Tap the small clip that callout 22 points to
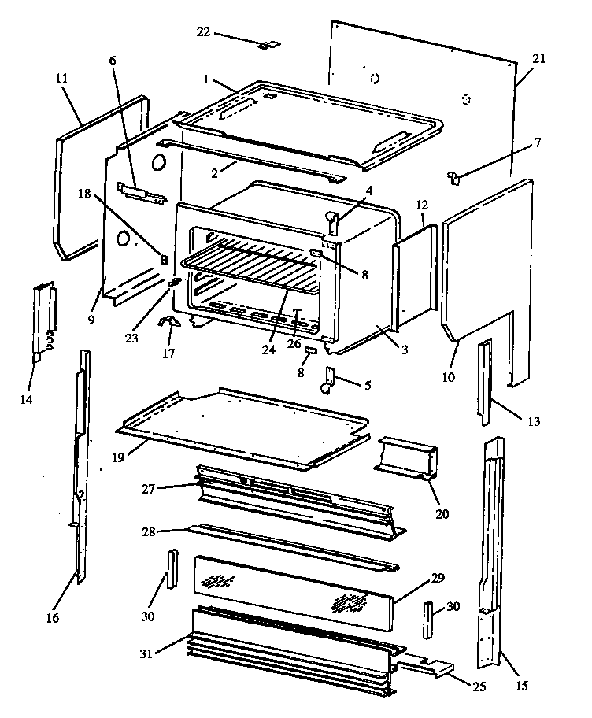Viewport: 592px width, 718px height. (265, 45)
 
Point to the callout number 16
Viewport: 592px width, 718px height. (52, 618)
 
